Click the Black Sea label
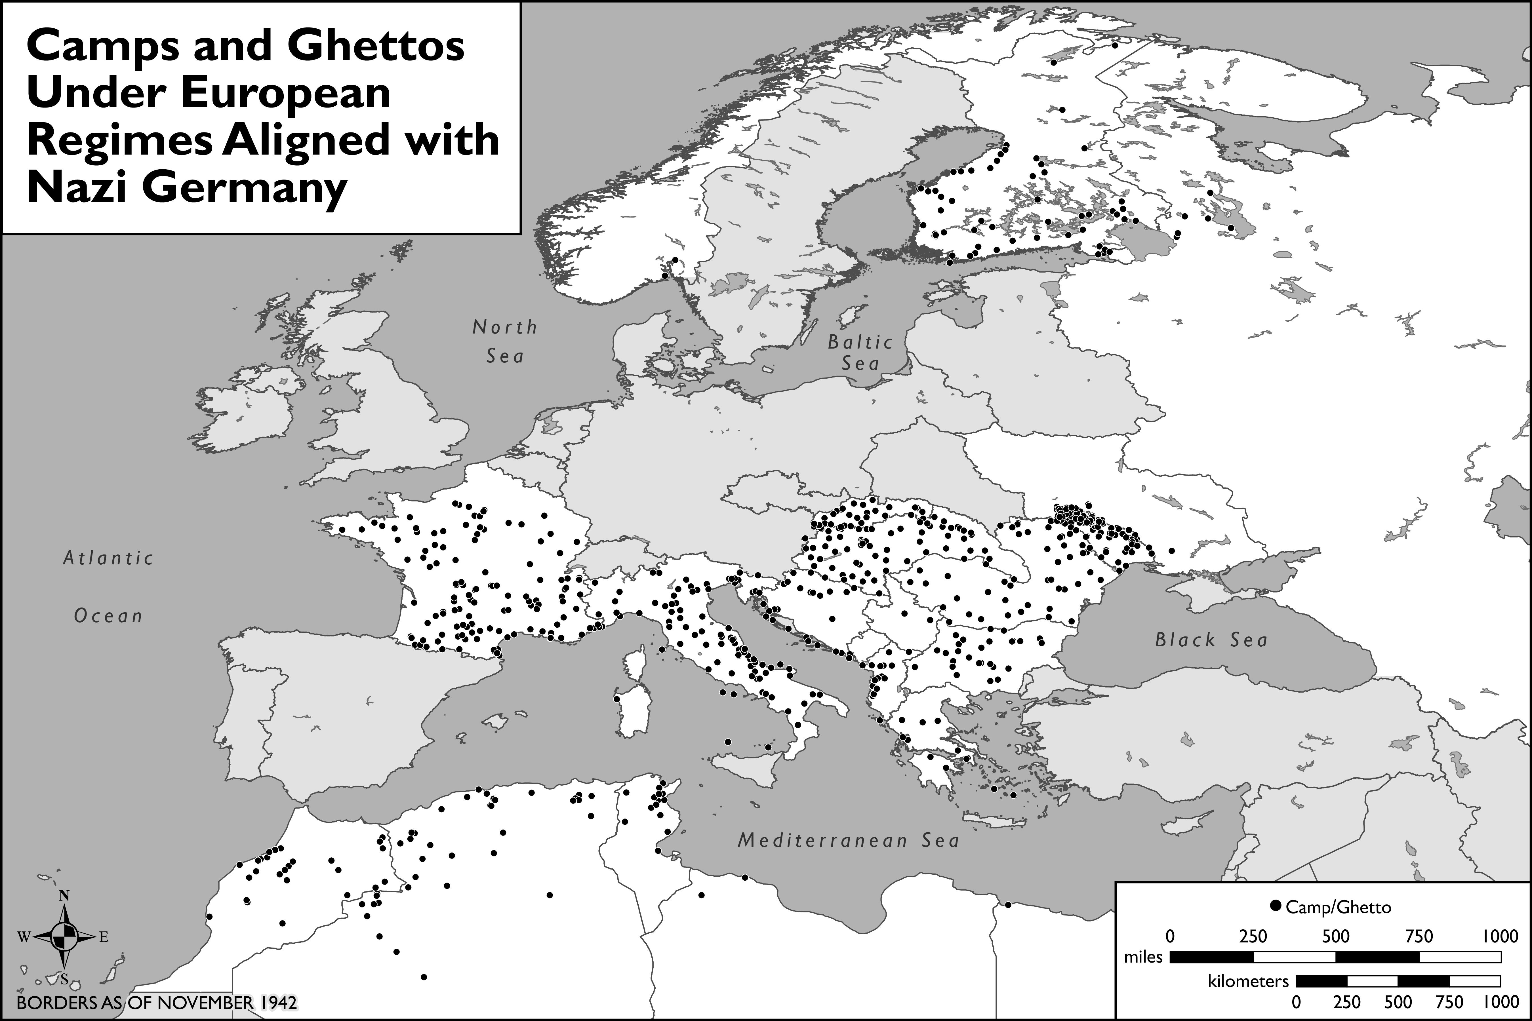click(1211, 640)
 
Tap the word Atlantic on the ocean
click(108, 558)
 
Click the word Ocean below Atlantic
click(108, 616)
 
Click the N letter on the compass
click(64, 896)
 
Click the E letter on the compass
click(104, 938)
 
